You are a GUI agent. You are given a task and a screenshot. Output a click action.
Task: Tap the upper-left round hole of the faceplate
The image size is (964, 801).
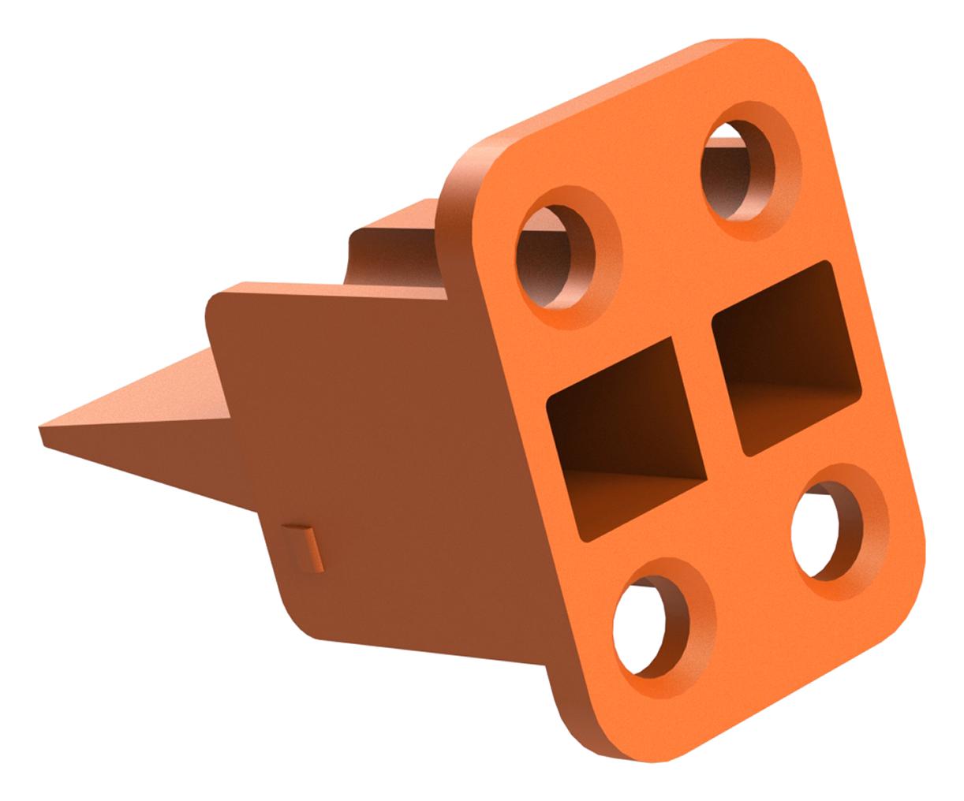(556, 252)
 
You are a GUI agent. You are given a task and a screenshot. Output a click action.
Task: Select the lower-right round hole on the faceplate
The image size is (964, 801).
(829, 528)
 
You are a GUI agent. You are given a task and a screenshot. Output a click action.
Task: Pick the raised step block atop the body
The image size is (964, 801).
(394, 237)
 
